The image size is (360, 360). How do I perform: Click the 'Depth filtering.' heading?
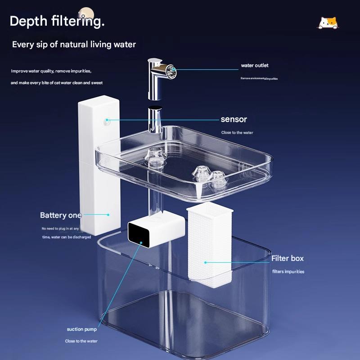(57, 21)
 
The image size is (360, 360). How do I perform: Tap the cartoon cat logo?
(328, 23)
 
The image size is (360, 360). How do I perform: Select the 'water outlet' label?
(255, 66)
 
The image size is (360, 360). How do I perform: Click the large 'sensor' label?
(234, 119)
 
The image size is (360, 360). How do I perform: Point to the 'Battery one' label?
(61, 215)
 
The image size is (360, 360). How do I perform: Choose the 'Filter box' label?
(287, 258)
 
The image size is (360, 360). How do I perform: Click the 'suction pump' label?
(82, 329)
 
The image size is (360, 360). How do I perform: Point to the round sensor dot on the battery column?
(108, 120)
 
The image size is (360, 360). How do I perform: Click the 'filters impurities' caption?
(288, 271)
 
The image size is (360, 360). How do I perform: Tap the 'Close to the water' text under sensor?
(237, 133)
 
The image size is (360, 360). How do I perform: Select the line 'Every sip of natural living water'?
(74, 45)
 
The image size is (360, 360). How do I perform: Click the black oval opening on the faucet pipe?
(155, 109)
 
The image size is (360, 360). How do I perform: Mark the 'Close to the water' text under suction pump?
(81, 341)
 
